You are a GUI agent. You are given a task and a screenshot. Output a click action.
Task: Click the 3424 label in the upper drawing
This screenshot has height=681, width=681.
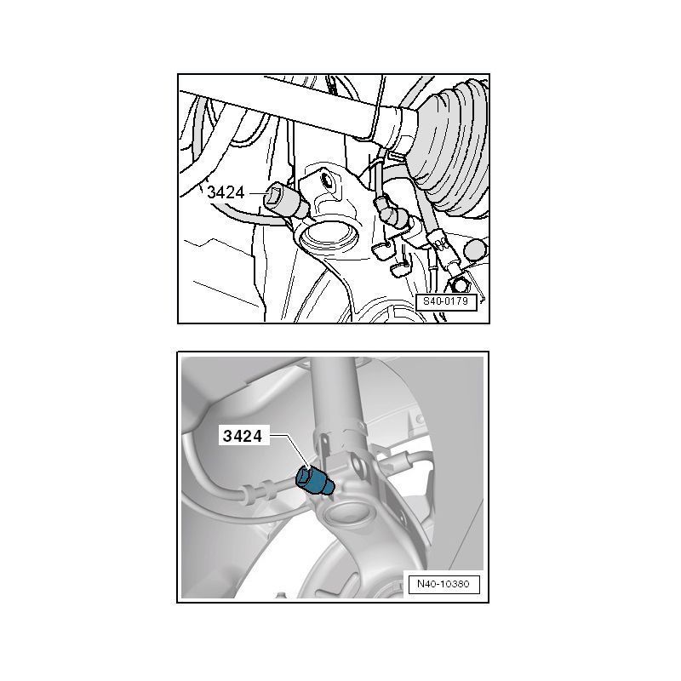[x=226, y=192]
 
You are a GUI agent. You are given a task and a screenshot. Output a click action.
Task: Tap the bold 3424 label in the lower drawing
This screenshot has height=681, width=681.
[x=243, y=436]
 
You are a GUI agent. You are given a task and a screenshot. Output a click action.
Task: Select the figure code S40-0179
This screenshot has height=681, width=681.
[x=446, y=301]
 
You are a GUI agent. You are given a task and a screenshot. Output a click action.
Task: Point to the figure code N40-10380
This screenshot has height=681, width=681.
[x=444, y=584]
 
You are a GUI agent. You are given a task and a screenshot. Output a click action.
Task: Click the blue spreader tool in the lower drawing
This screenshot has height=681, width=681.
[x=313, y=480]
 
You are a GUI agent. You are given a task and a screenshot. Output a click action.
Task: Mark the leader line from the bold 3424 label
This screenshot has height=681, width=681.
[x=289, y=452]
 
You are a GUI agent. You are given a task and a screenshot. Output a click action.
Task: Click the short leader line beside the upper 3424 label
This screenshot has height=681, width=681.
[x=255, y=193]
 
